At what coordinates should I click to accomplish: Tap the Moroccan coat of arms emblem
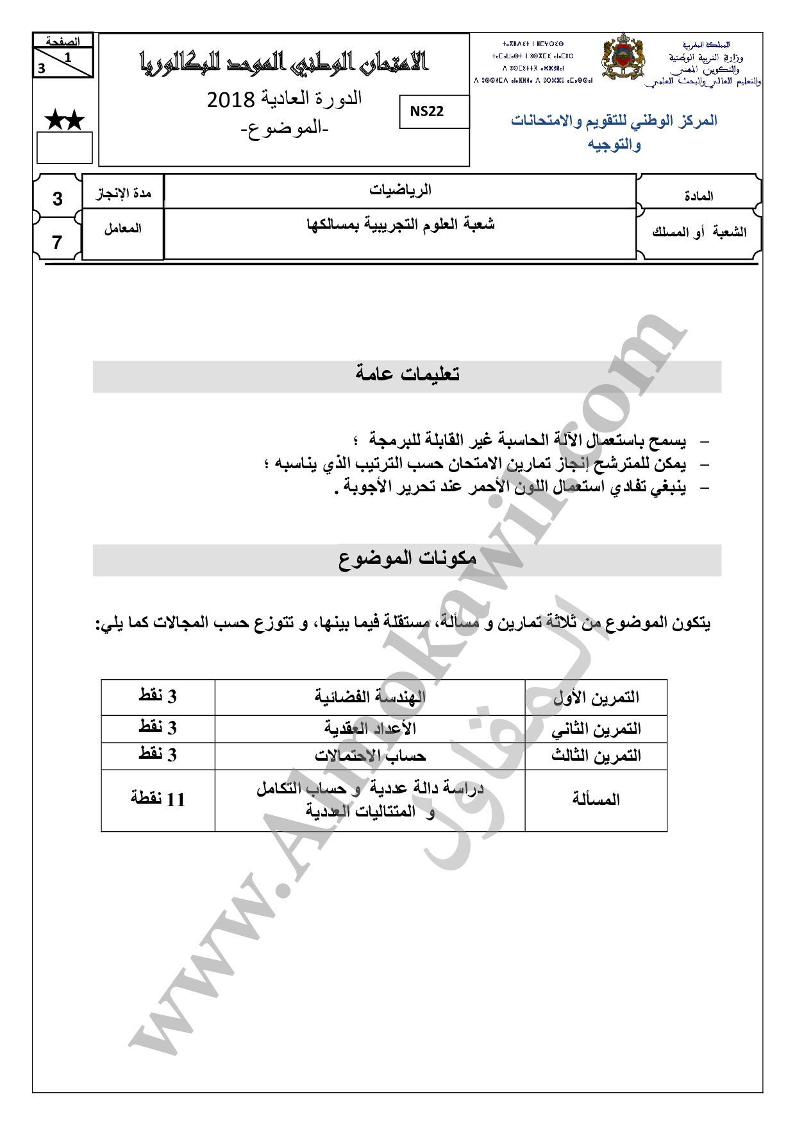click(622, 58)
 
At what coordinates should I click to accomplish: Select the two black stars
click(64, 120)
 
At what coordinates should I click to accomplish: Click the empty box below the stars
click(64, 148)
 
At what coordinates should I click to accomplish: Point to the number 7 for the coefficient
click(57, 242)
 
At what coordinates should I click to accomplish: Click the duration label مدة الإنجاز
click(123, 193)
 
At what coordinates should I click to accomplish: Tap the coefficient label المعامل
click(122, 228)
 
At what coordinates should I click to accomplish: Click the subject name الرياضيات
click(400, 190)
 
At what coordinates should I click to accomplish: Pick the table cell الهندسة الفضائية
click(370, 697)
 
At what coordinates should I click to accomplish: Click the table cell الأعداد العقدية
click(370, 729)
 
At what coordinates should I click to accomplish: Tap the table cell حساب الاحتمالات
click(370, 756)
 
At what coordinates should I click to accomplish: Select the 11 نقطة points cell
click(158, 800)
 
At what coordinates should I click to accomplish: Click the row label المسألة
click(596, 800)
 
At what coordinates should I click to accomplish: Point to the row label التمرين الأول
click(596, 697)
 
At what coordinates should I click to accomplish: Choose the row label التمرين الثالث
click(596, 756)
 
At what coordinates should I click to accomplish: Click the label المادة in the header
click(699, 196)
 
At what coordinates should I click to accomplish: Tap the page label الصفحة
click(63, 42)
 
